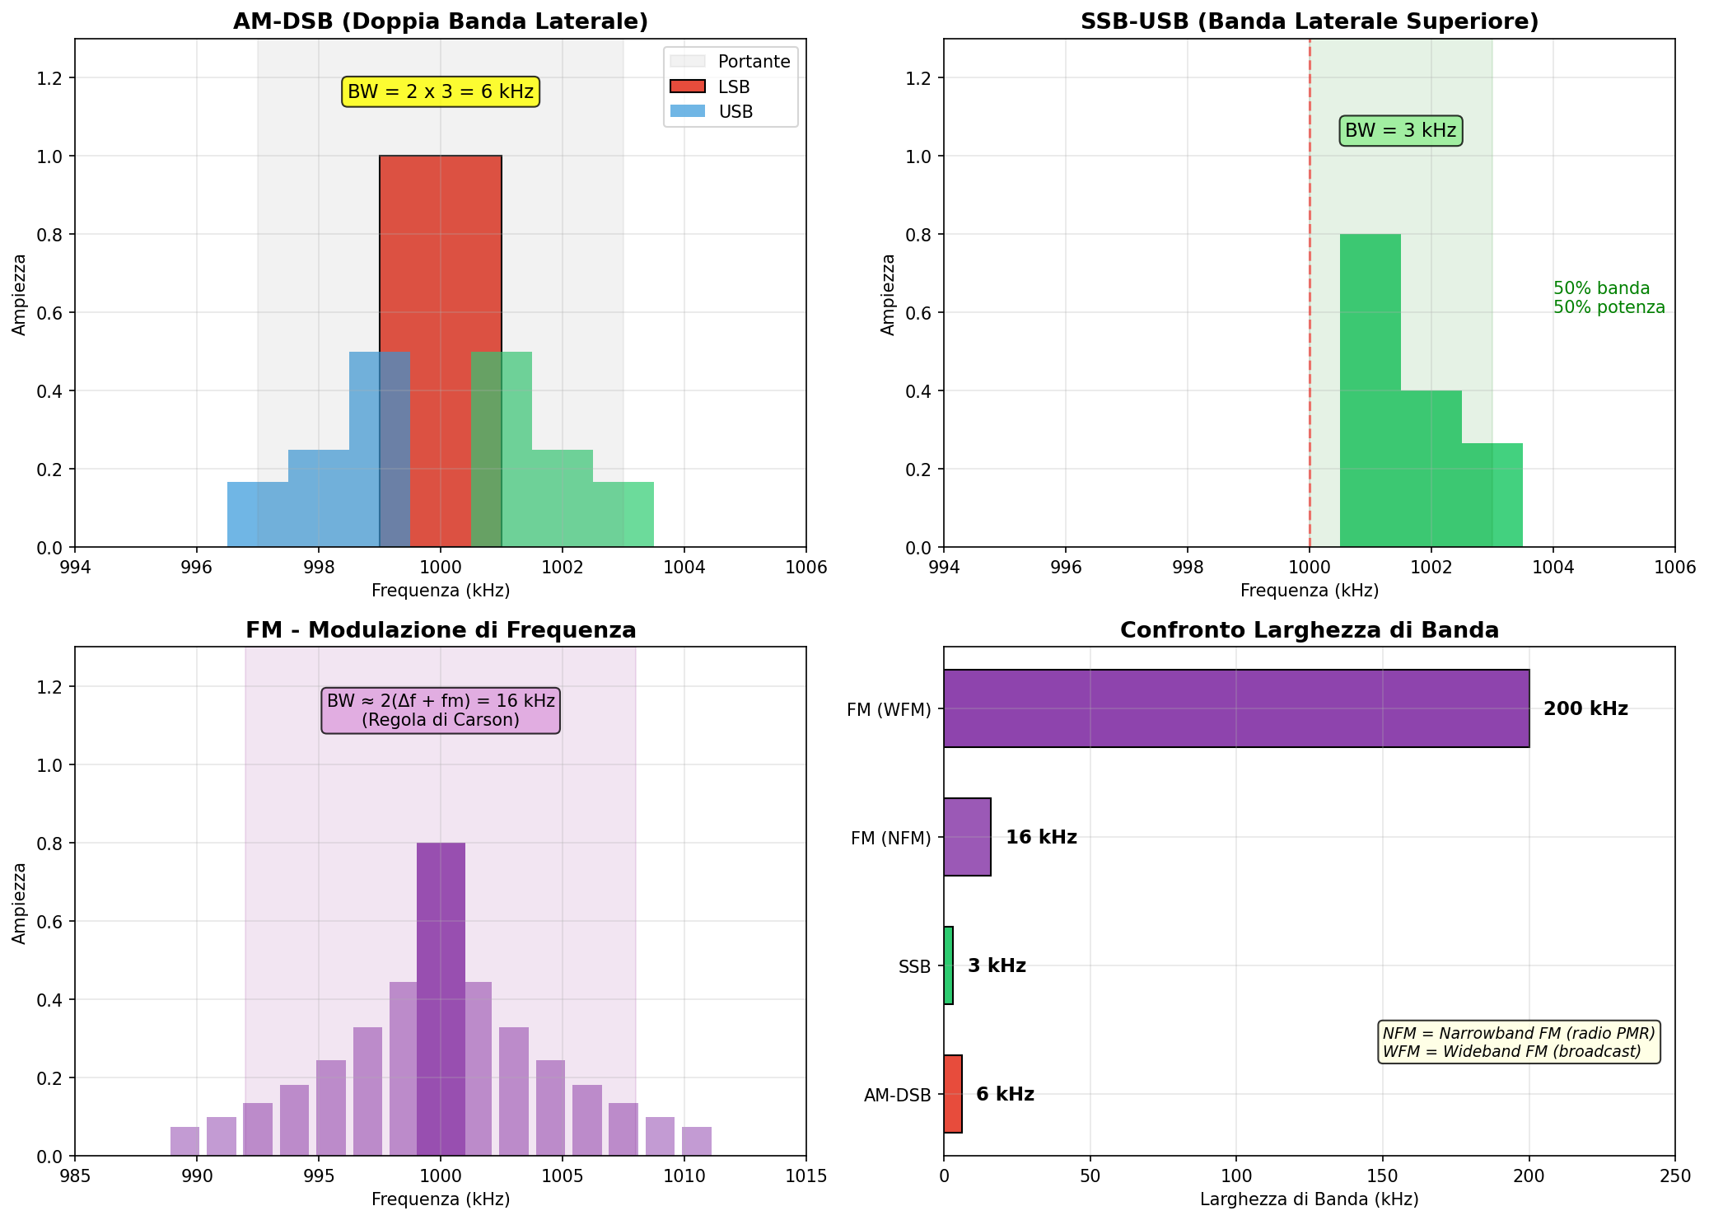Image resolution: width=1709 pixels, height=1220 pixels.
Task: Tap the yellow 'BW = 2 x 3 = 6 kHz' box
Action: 441,92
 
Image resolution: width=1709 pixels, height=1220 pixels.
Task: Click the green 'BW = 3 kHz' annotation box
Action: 1400,131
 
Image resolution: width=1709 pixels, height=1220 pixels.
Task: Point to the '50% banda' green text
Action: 1601,289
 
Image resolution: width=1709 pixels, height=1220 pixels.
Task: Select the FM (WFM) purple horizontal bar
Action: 1235,708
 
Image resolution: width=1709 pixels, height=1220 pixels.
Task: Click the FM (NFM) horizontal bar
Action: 967,837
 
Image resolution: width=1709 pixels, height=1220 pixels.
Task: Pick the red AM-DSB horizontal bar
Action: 953,1094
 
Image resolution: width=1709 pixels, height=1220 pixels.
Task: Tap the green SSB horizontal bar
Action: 949,965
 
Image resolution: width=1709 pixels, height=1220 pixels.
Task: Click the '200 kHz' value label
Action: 1585,709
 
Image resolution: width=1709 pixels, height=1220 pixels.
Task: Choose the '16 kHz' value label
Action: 1041,838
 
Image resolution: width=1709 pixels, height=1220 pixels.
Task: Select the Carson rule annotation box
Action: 441,711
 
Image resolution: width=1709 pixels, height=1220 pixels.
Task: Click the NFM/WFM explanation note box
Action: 1519,1042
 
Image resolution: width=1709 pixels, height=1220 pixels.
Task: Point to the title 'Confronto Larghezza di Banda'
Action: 1309,631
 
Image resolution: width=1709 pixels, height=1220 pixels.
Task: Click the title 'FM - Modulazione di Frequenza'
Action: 441,631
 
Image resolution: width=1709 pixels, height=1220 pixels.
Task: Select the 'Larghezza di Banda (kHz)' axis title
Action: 1309,1199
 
